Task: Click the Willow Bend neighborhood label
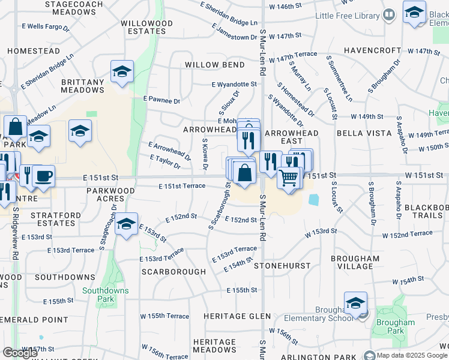point(214,65)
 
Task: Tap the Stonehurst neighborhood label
point(282,265)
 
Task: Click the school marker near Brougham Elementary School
point(355,302)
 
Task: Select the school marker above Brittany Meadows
point(122,72)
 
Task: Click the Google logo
point(20,352)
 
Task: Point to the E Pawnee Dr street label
point(161,101)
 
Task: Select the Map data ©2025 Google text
point(412,355)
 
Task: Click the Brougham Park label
point(396,326)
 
